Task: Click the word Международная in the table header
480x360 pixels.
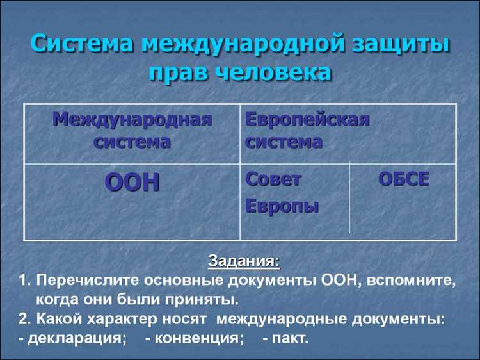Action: click(132, 119)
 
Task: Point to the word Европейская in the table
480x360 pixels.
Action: click(308, 119)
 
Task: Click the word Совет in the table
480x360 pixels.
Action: click(273, 180)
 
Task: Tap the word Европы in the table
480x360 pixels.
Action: click(282, 206)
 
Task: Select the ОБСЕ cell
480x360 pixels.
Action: click(403, 180)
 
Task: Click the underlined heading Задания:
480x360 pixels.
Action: click(244, 262)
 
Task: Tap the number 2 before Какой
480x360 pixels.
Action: click(23, 318)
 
